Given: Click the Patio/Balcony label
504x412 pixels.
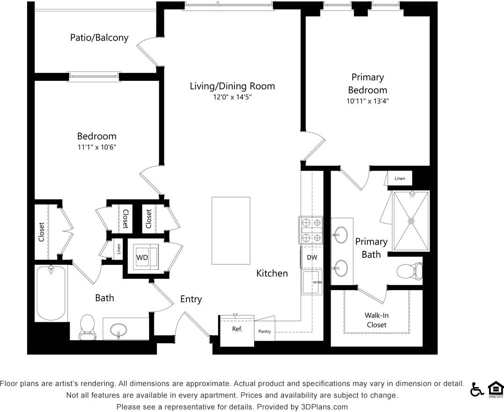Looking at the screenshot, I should pyautogui.click(x=99, y=37).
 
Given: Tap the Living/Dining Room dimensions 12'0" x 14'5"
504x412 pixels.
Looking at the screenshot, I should pyautogui.click(x=233, y=98).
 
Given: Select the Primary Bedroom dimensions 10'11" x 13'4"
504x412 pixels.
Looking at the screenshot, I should pyautogui.click(x=368, y=101).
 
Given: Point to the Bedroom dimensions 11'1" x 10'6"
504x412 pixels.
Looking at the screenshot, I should pyautogui.click(x=97, y=147).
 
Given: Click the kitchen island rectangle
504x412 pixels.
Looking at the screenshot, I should pyautogui.click(x=231, y=230).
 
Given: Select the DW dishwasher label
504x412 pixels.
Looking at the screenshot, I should pyautogui.click(x=312, y=257).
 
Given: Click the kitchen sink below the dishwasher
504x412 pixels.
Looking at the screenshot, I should pyautogui.click(x=312, y=282).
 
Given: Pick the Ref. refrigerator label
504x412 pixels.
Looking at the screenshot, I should pyautogui.click(x=237, y=329).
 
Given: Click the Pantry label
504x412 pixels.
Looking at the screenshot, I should pyautogui.click(x=264, y=332).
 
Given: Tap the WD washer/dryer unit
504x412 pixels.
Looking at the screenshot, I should pyautogui.click(x=142, y=257).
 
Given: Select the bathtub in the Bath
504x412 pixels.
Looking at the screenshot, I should pyautogui.click(x=51, y=293).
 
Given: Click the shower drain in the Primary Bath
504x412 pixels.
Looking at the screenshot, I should pyautogui.click(x=411, y=220).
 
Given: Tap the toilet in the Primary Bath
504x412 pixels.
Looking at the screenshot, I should pyautogui.click(x=410, y=271).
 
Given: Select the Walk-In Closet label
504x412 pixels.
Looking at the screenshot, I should pyautogui.click(x=376, y=320).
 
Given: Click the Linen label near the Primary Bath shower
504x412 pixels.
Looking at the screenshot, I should pyautogui.click(x=400, y=178).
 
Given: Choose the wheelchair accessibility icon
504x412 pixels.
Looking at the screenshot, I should pyautogui.click(x=477, y=389).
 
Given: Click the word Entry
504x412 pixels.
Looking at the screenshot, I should pyautogui.click(x=191, y=299).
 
